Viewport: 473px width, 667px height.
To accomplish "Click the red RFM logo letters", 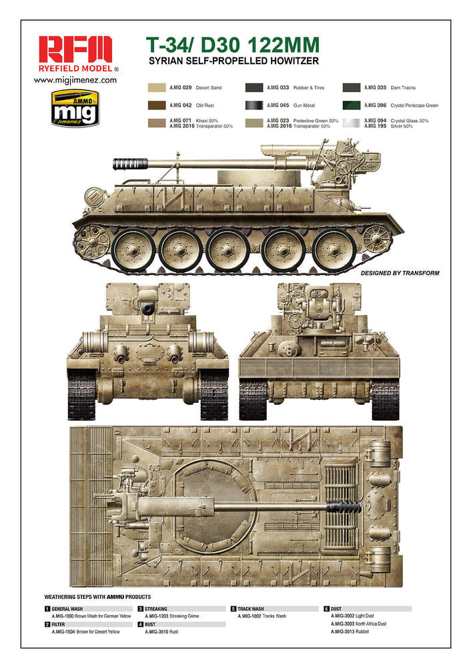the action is click(75, 49).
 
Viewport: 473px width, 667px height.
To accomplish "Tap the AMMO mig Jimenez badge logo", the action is click(75, 108).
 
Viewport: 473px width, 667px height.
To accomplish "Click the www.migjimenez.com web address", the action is click(75, 80).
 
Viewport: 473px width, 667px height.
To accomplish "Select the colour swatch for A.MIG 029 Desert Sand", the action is click(157, 87).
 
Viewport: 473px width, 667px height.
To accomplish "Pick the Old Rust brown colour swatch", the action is click(157, 105).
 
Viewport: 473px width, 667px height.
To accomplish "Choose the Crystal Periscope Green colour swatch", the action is click(352, 105).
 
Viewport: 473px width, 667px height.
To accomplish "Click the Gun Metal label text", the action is click(304, 105).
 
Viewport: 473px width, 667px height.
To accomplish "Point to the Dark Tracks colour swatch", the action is click(352, 87).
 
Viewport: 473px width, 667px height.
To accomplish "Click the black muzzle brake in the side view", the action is click(130, 163).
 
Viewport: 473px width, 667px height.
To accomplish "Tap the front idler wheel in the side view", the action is click(91, 242).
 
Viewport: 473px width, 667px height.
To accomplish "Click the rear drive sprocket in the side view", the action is click(376, 239).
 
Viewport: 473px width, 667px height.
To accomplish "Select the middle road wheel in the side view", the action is click(228, 250).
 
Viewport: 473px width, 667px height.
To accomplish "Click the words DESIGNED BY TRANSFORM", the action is click(400, 273).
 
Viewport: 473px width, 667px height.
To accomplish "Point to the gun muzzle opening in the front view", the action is click(148, 309).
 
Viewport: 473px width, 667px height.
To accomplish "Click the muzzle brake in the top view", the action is click(344, 506).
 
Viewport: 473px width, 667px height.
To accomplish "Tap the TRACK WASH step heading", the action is click(251, 609).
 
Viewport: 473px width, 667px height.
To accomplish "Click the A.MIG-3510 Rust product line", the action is click(161, 632).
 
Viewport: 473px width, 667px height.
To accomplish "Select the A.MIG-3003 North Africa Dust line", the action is click(358, 624).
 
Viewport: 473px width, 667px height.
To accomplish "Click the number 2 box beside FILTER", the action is click(47, 624).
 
